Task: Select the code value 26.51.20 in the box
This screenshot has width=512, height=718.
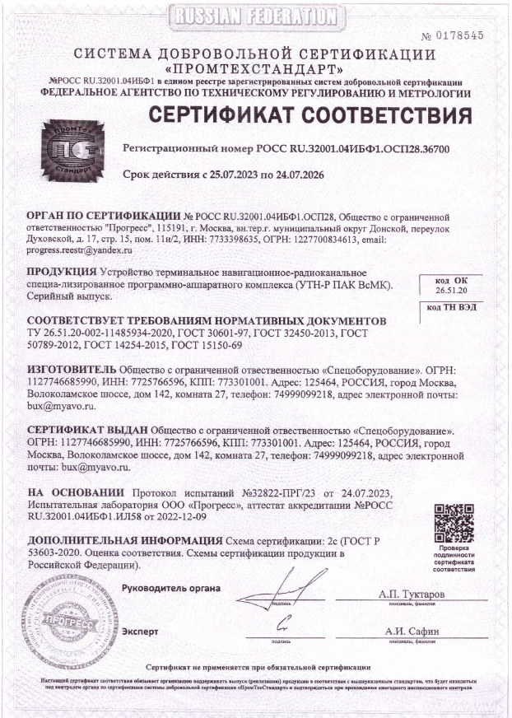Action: pyautogui.click(x=450, y=291)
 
